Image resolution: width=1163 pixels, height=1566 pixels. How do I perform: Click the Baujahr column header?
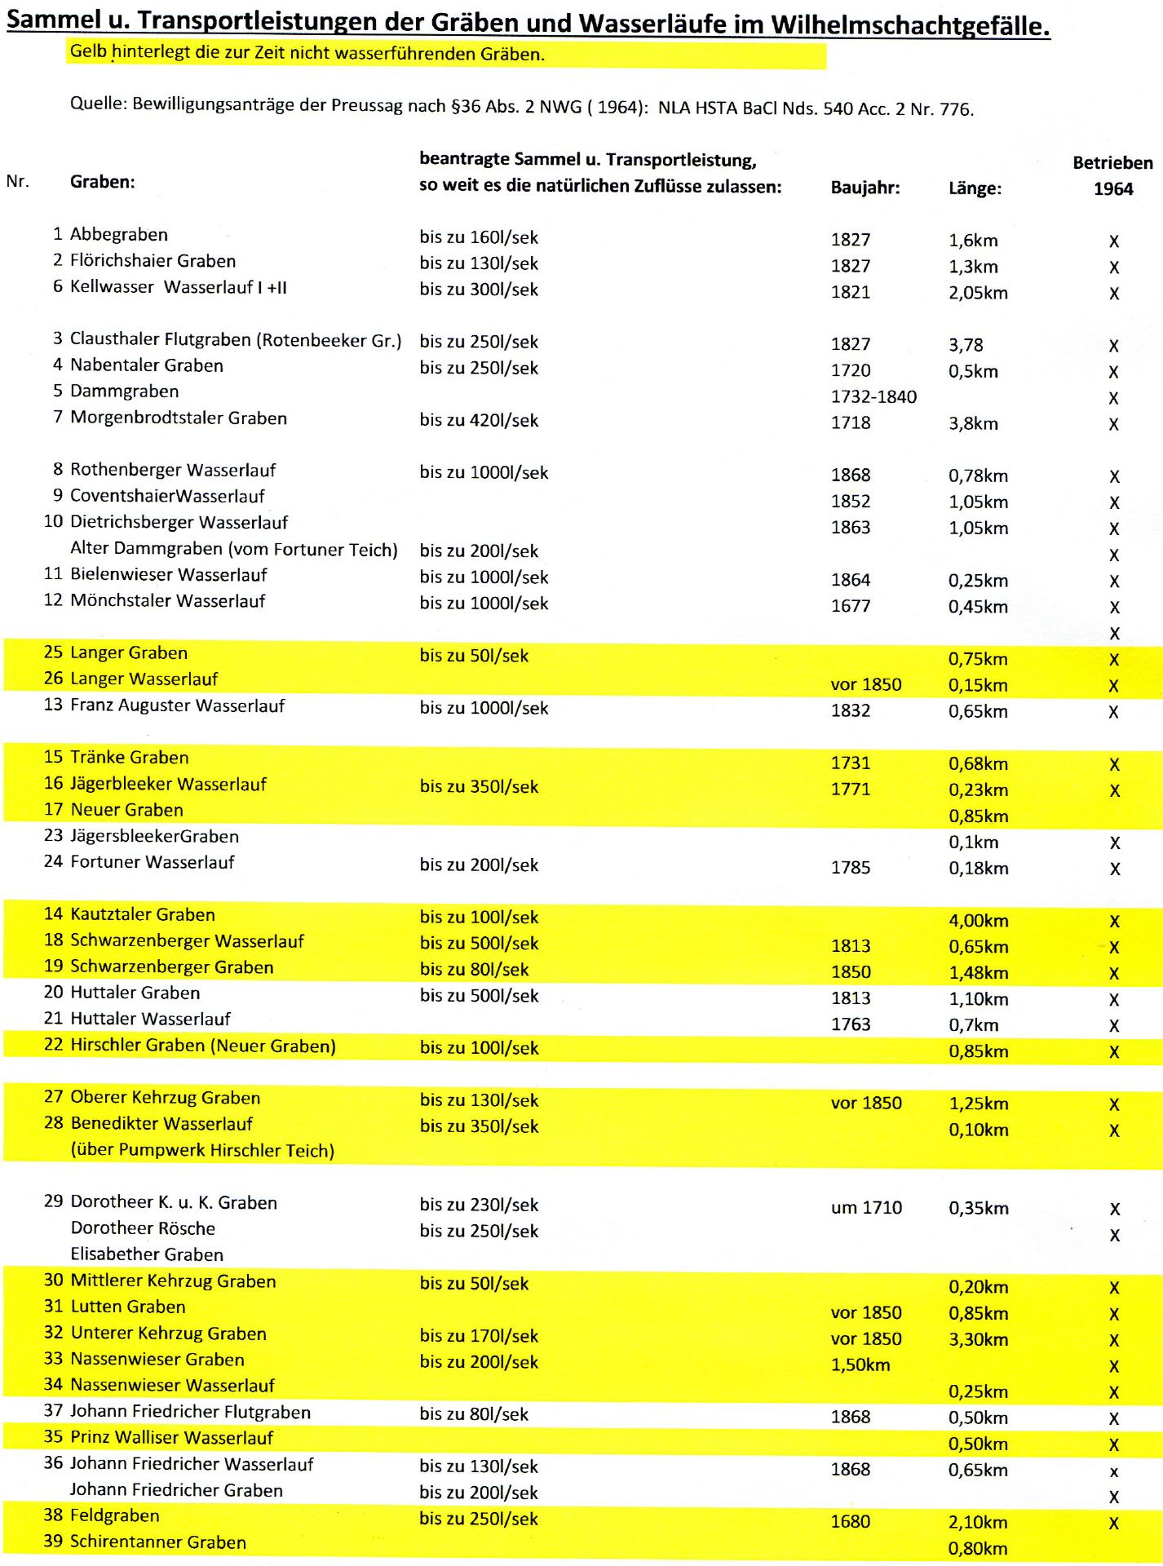(x=865, y=188)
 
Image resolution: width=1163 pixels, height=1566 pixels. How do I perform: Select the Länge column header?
(x=975, y=188)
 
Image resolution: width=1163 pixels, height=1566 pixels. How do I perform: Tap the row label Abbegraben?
(x=119, y=235)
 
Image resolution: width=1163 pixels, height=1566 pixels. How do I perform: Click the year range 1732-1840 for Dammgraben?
(x=873, y=397)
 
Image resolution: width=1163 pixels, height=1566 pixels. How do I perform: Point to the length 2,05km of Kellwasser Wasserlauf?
(x=978, y=293)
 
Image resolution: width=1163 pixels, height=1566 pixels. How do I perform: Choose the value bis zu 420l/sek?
(x=479, y=421)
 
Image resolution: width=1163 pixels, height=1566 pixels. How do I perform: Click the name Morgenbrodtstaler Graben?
(x=179, y=418)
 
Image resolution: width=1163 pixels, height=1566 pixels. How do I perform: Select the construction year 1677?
(x=851, y=606)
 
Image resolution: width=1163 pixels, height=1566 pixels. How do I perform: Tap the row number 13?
(x=53, y=705)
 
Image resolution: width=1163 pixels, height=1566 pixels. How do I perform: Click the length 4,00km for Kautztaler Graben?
(x=978, y=921)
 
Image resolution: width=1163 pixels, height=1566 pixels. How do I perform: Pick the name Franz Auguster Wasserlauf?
(x=177, y=706)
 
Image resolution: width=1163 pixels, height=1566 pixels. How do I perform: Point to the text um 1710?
(x=866, y=1208)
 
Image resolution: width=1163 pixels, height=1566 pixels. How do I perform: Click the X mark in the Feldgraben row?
(x=1114, y=1523)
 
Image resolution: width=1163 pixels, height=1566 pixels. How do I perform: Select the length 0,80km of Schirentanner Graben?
(x=978, y=1548)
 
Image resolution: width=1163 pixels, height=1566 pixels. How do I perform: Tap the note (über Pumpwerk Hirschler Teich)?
(x=202, y=1151)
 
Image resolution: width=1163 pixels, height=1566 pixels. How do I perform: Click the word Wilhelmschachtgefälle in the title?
(x=909, y=26)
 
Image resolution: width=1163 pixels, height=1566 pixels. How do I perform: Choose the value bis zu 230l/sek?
(x=479, y=1205)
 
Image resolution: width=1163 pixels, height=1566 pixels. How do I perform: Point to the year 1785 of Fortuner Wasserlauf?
(x=851, y=868)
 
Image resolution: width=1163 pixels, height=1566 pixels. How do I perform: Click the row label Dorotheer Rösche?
(x=143, y=1228)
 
